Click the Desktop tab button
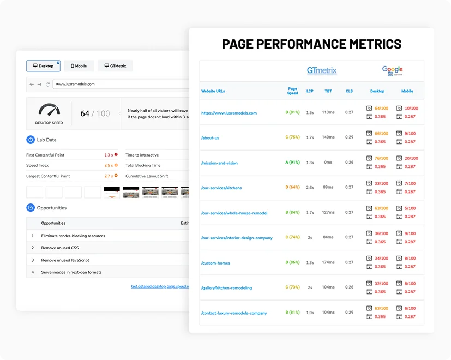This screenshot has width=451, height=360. tap(43, 66)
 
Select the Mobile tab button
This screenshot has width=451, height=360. tap(79, 66)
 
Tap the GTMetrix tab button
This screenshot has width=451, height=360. tap(115, 66)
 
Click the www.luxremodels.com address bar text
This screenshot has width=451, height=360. tap(75, 84)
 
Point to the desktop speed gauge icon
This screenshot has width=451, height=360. tap(49, 110)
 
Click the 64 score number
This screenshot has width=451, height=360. tap(85, 113)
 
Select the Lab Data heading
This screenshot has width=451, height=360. tap(46, 140)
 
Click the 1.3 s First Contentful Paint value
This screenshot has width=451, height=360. tap(109, 155)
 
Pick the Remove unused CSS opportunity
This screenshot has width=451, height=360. tap(60, 248)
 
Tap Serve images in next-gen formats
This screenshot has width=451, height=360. tap(71, 272)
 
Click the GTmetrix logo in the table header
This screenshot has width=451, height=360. tap(322, 70)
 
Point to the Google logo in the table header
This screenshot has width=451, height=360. tap(392, 70)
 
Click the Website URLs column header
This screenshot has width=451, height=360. tap(213, 91)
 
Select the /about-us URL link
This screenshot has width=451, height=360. tap(210, 138)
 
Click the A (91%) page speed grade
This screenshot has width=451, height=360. tap(293, 162)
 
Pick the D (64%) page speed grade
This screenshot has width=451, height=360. tap(293, 187)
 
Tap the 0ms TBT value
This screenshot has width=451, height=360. tap(328, 162)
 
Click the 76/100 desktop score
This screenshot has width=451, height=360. tap(381, 158)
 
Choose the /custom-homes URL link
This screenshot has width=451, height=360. tap(215, 263)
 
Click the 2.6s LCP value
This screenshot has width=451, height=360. tap(310, 187)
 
